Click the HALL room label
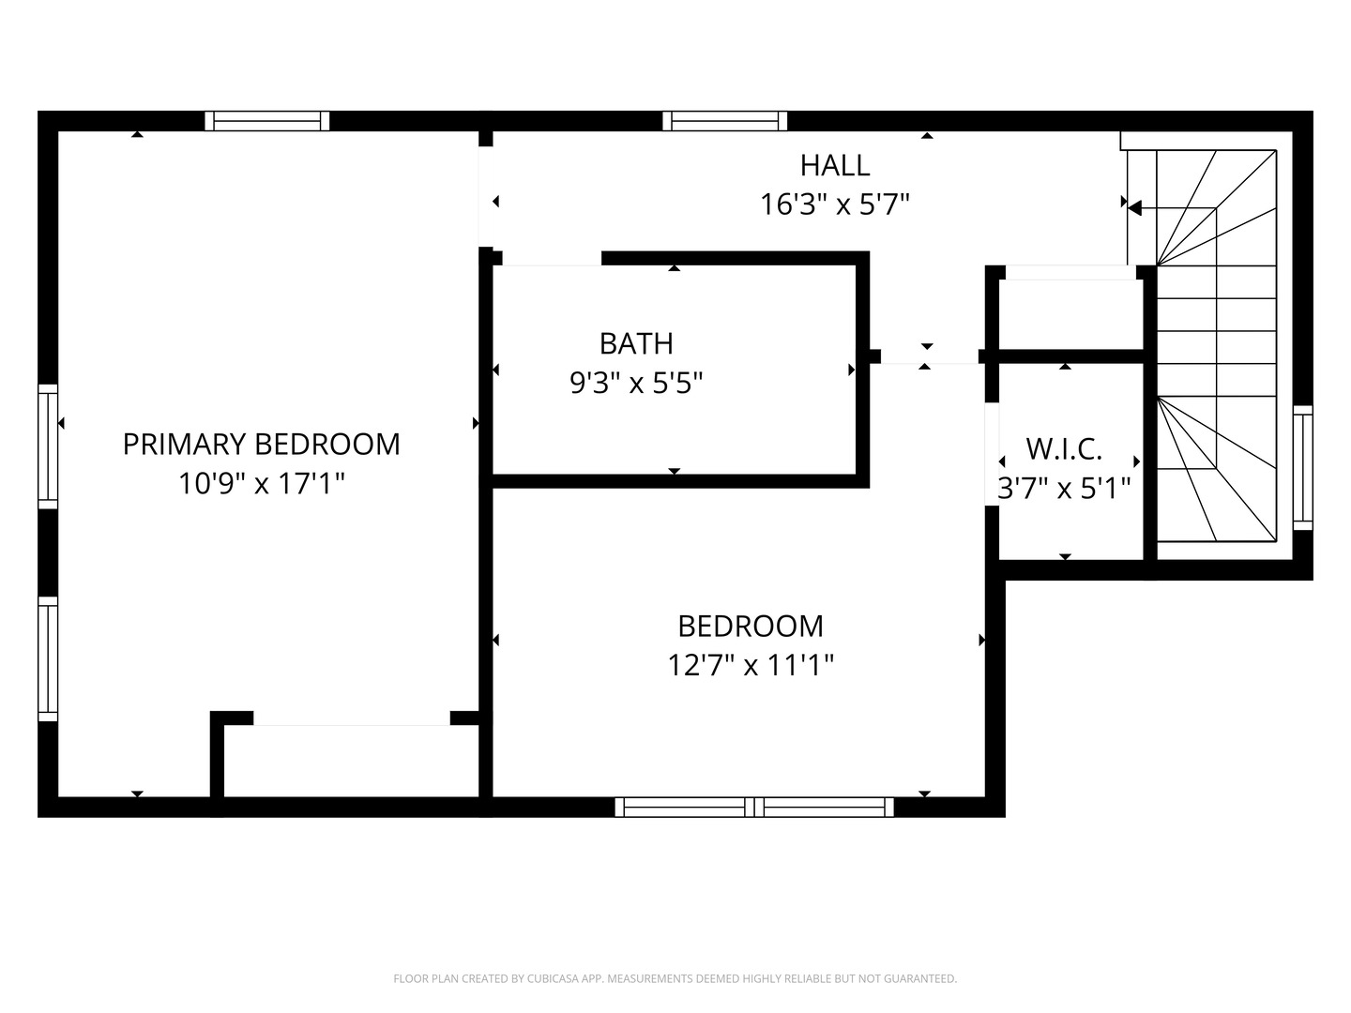point(834,165)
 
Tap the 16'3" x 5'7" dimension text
point(835,204)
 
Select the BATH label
point(636,344)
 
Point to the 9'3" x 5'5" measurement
point(636,384)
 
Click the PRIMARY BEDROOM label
point(261,444)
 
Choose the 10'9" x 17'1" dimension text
point(262,484)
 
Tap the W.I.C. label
point(1064,449)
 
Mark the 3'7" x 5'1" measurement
point(1064,489)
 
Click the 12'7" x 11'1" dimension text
point(751,666)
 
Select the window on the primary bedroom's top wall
point(267,120)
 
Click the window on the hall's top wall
point(724,120)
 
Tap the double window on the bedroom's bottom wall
point(754,807)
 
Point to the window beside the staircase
point(1302,468)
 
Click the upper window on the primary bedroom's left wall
point(48,446)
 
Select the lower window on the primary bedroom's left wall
point(48,658)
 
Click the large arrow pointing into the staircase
point(1134,208)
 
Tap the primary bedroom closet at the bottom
point(352,761)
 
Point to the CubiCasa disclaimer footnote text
point(675,979)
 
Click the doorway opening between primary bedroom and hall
point(485,197)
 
